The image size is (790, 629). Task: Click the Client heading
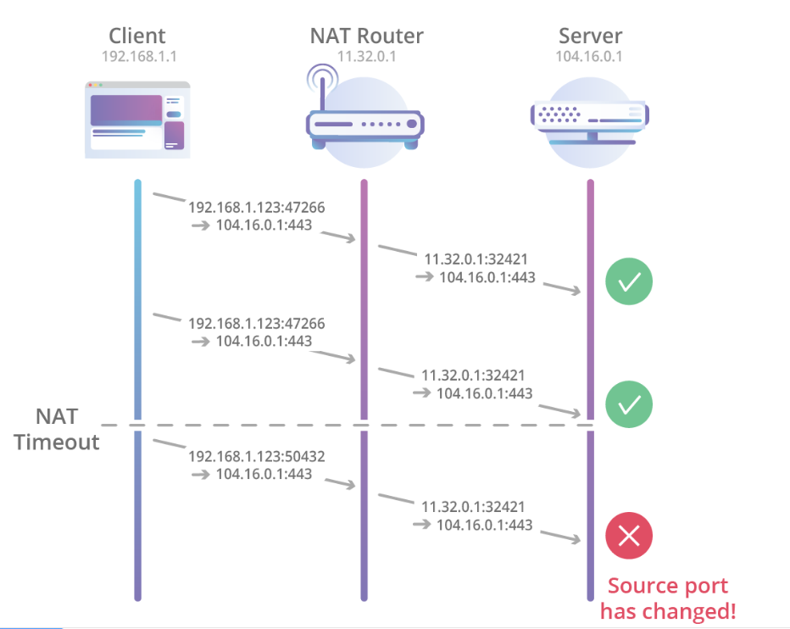point(137,36)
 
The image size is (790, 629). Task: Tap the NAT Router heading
point(366,36)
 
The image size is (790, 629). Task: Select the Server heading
point(591,36)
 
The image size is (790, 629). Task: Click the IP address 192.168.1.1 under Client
point(137,58)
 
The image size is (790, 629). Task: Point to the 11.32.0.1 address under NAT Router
point(366,58)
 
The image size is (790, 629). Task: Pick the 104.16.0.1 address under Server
point(591,58)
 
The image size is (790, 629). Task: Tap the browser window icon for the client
point(136,120)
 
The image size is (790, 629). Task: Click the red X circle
point(629,535)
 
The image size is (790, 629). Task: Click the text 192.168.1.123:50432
point(256,456)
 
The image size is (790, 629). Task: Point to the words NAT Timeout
point(57,429)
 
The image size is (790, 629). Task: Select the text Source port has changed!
point(668,598)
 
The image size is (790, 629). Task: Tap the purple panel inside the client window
point(126,110)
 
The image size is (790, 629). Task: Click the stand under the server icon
point(592,137)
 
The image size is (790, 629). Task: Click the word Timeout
point(57,442)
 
